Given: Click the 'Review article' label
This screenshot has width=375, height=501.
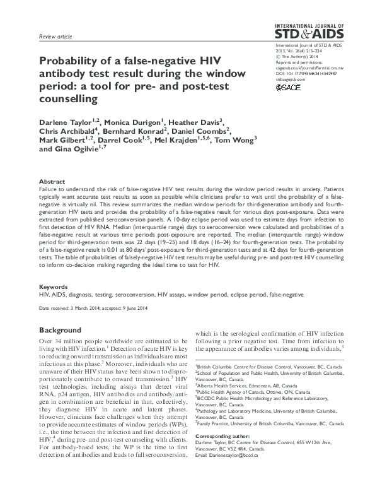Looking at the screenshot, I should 55,38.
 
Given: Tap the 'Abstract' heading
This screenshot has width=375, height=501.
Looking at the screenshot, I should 52,180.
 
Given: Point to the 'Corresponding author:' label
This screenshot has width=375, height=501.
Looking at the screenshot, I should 222,454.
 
